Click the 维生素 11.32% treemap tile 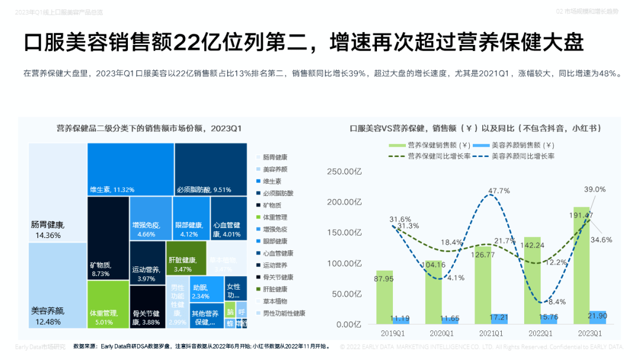(x=130, y=169)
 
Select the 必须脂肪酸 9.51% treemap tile (x=210, y=169)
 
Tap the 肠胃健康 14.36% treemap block (x=57, y=192)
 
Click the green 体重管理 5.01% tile (x=108, y=304)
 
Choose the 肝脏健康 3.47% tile (x=186, y=256)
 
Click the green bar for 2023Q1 (x=582, y=266)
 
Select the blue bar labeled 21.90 (x=598, y=317)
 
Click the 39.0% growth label (x=595, y=189)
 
